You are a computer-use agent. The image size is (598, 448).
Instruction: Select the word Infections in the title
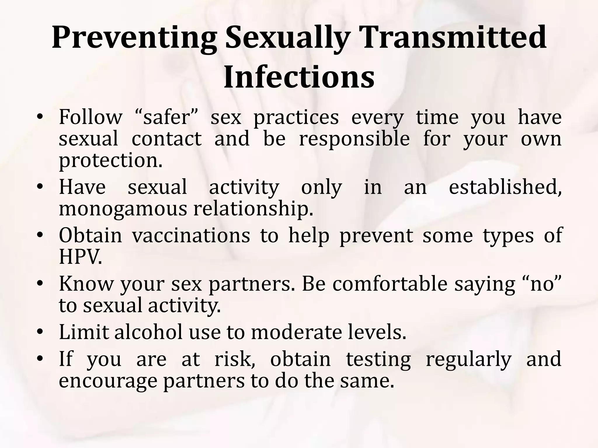[x=299, y=78]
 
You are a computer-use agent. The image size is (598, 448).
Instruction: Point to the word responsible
[x=354, y=139]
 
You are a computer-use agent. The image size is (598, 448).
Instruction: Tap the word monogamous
[x=124, y=209]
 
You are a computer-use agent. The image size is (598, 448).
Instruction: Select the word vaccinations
[x=191, y=236]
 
